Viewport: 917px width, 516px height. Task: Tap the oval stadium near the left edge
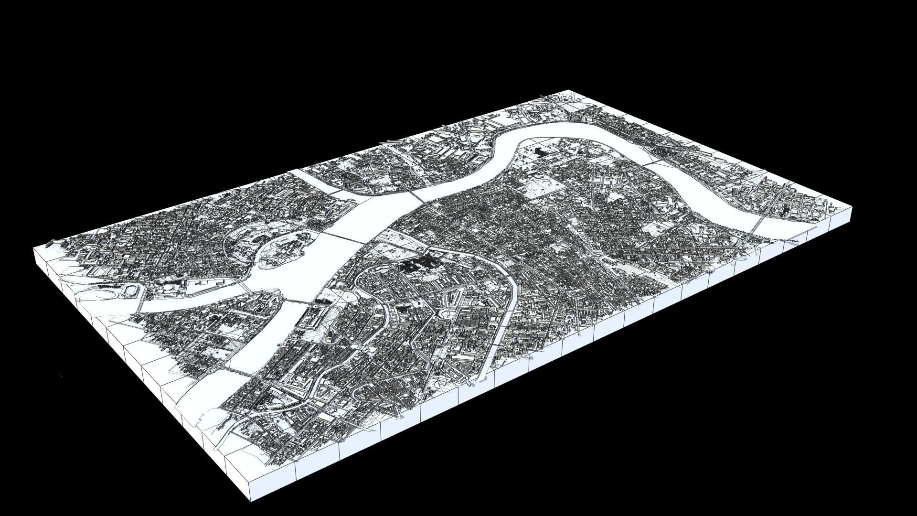click(129, 291)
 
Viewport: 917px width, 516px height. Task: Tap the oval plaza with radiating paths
click(433, 277)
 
